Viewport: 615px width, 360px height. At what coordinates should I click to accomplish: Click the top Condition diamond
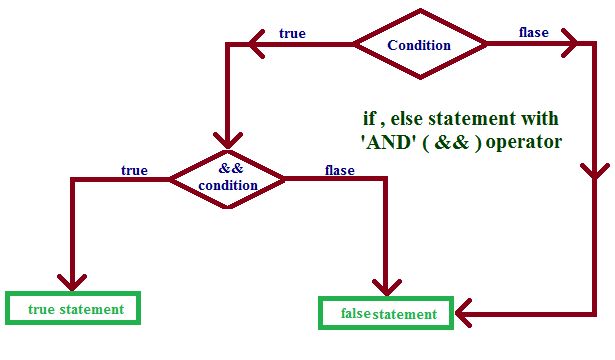[419, 45]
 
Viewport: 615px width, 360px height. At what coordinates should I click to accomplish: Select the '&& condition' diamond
[229, 178]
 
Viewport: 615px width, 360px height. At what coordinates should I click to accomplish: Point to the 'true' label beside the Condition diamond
[292, 33]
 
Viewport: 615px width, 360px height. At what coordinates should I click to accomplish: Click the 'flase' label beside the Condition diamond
[532, 32]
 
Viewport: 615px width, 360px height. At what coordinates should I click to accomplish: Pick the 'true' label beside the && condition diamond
[133, 170]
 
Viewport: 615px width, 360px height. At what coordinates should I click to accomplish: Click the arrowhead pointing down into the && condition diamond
[229, 140]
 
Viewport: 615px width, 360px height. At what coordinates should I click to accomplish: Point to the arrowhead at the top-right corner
[571, 45]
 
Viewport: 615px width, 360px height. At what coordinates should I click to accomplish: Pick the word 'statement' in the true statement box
[91, 309]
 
